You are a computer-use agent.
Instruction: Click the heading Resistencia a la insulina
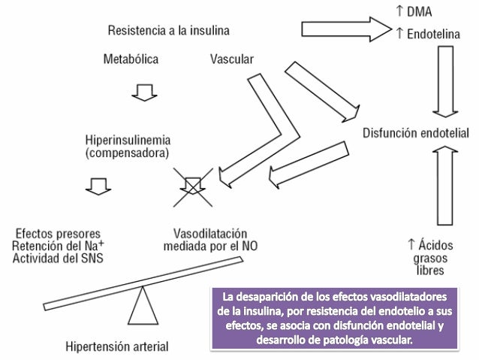point(168,31)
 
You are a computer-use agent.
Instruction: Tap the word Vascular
point(231,59)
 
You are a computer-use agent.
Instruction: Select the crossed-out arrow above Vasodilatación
point(194,185)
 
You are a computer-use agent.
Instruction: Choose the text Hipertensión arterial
point(115,347)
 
